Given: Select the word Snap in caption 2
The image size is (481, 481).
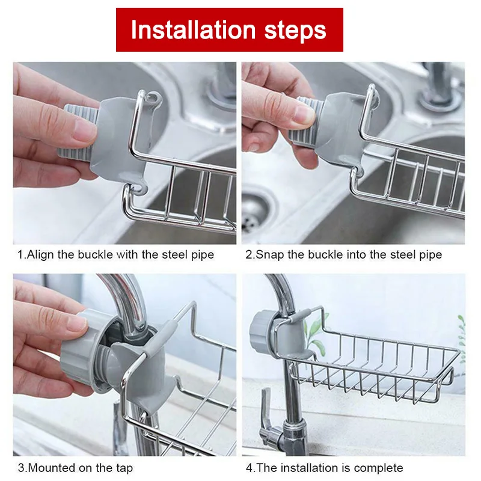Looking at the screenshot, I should pos(267,254).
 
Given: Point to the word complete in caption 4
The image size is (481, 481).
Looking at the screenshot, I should pos(378,467).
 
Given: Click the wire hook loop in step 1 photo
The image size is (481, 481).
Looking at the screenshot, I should pos(152,96).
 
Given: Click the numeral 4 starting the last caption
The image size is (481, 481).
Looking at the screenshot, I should pos(249,467).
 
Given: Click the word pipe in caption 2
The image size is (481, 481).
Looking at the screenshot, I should pos(429,254).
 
